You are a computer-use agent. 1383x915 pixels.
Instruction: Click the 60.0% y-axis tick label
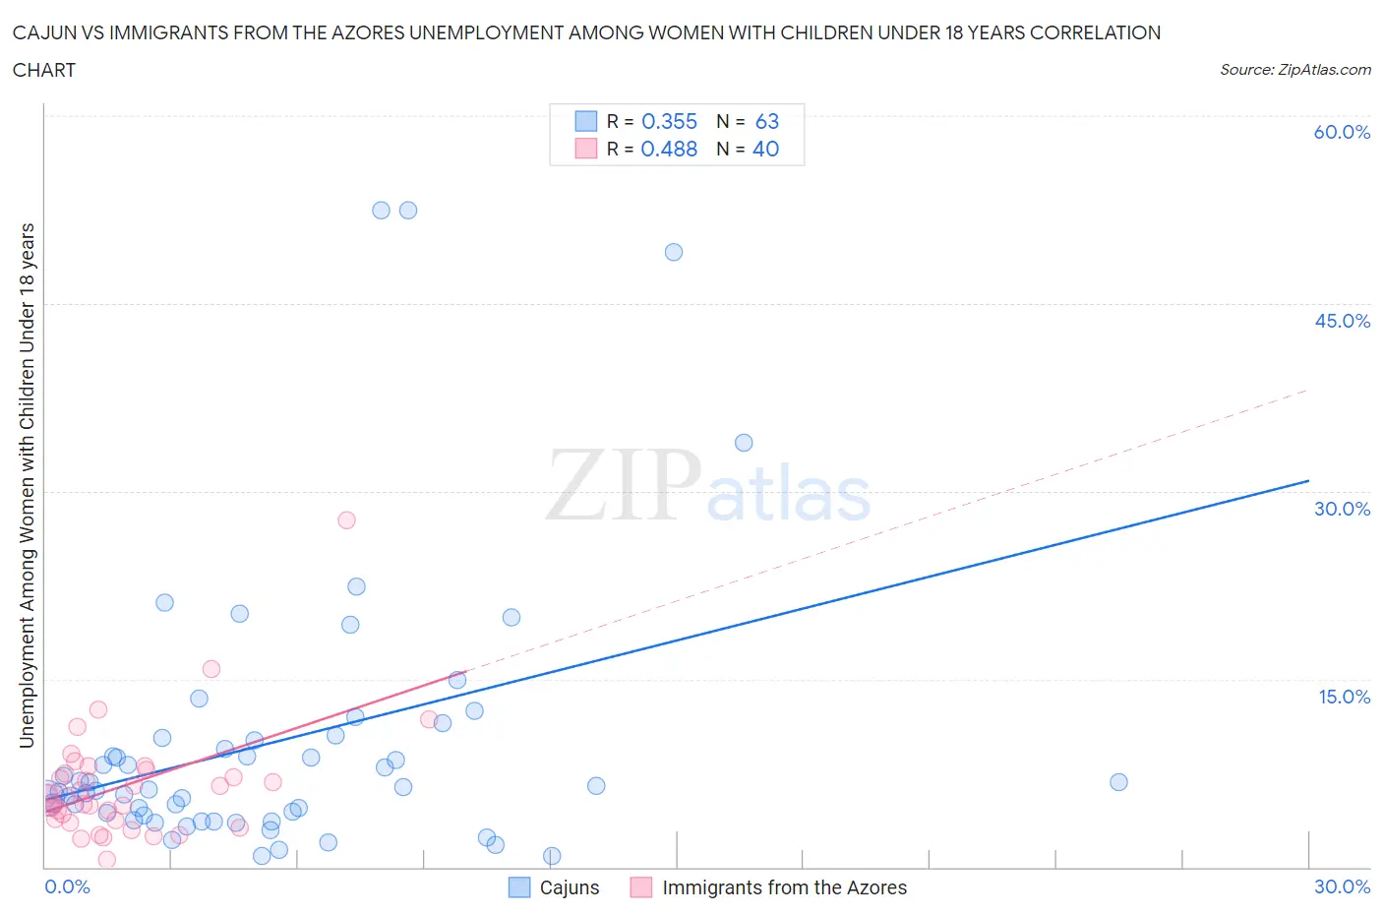[1342, 133]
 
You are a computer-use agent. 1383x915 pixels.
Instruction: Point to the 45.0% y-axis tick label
[1342, 321]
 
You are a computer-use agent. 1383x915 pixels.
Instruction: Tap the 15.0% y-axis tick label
[1344, 697]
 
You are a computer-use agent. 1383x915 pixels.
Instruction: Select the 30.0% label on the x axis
[1342, 886]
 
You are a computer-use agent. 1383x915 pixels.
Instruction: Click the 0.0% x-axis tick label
[67, 886]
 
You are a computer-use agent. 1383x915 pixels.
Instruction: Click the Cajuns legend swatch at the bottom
[519, 887]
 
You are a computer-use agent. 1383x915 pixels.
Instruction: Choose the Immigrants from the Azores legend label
[784, 887]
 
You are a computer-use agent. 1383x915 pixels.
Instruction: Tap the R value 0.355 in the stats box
[669, 121]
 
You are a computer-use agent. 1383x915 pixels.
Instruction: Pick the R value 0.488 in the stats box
[669, 149]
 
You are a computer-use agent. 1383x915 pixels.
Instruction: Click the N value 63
[767, 121]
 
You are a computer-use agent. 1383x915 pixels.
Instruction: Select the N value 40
[766, 149]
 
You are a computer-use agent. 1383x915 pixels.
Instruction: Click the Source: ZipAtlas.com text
[1295, 70]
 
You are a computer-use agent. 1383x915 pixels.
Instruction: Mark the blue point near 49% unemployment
[674, 252]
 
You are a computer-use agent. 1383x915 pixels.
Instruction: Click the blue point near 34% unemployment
[744, 443]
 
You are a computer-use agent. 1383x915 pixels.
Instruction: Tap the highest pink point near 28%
[346, 519]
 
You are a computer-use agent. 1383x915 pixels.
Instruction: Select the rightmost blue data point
[1118, 782]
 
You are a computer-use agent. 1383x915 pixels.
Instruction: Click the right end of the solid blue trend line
[1308, 480]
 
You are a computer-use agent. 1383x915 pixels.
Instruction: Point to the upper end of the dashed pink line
[1308, 390]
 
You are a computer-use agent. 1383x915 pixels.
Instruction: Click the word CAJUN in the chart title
[45, 32]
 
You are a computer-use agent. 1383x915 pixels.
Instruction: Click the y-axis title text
[27, 485]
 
